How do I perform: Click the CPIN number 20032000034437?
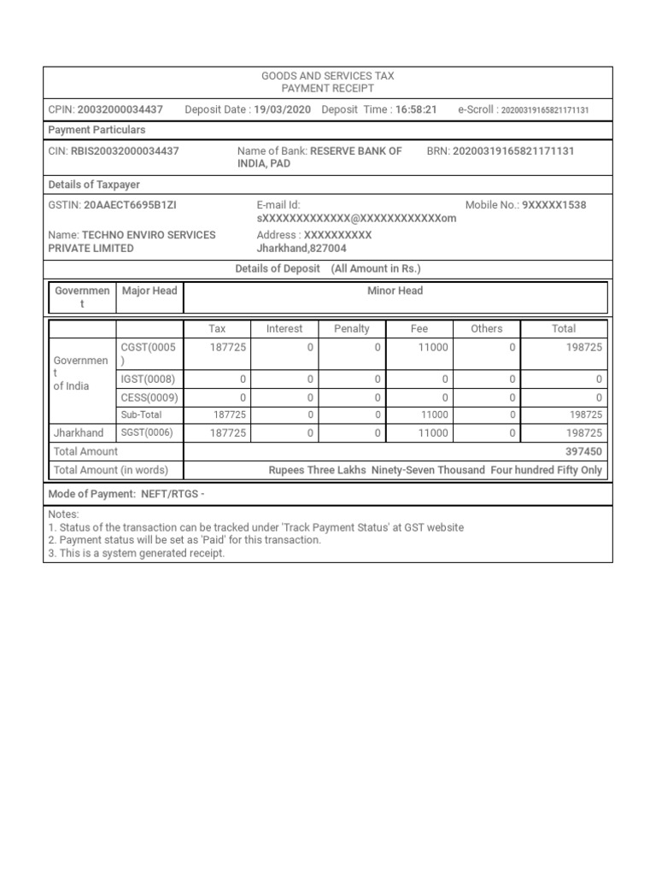click(120, 109)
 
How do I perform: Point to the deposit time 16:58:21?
click(416, 109)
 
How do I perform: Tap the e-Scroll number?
click(544, 110)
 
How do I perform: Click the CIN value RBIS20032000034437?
click(125, 150)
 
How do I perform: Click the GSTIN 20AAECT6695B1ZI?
click(130, 205)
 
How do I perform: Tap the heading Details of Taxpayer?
click(94, 185)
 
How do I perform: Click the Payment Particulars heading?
click(97, 130)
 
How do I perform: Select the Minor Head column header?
click(395, 291)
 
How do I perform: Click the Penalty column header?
click(352, 328)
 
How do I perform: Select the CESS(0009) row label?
click(149, 397)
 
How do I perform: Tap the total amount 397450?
click(583, 451)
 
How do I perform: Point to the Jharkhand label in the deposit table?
click(79, 433)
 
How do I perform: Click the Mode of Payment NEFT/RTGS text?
click(126, 494)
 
